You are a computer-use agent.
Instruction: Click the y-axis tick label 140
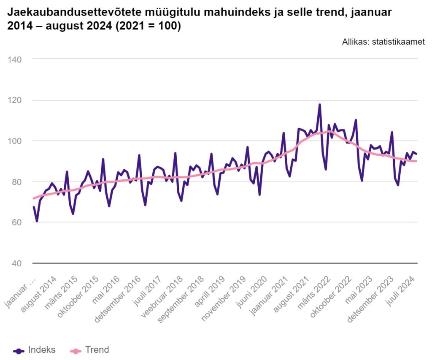(x=15, y=60)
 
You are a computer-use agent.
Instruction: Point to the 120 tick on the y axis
(x=15, y=100)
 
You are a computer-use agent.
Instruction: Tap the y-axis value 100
(x=15, y=141)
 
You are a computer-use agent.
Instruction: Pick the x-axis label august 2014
(x=39, y=295)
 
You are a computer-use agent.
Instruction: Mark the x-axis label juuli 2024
(x=402, y=291)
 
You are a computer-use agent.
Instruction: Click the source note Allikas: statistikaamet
(x=383, y=42)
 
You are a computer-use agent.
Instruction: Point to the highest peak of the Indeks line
(x=320, y=104)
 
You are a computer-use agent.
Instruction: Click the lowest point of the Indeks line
(x=37, y=221)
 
